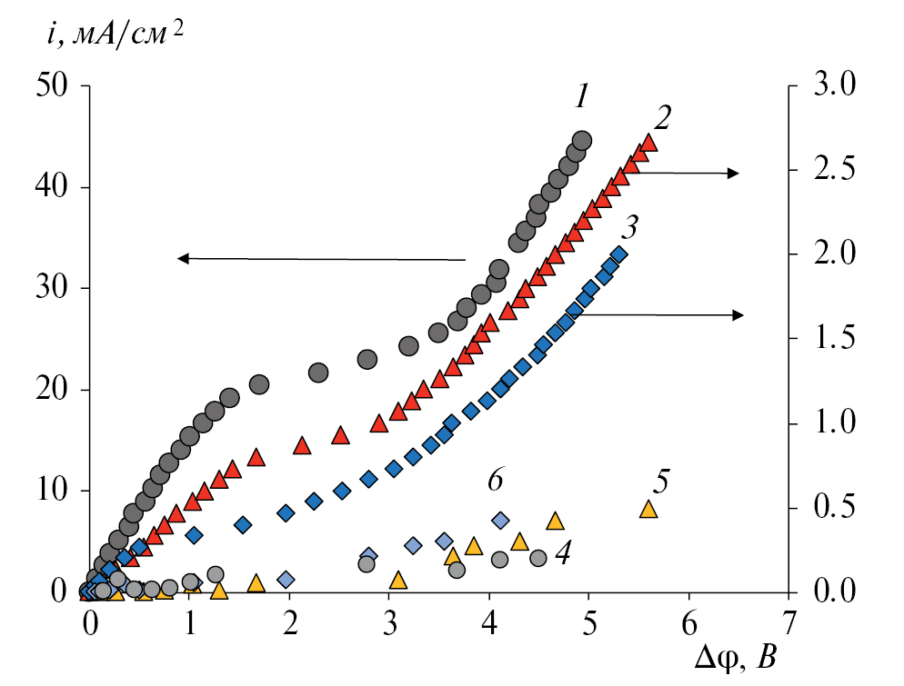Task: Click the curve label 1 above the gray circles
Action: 583,95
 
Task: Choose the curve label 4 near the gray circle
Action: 563,554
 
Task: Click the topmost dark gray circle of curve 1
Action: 582,141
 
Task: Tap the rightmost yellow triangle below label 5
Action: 648,509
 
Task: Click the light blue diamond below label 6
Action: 500,521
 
